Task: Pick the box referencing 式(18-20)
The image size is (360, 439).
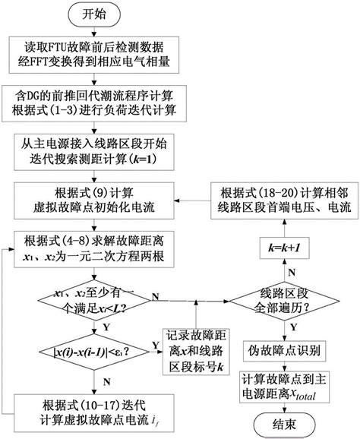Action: pyautogui.click(x=282, y=198)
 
